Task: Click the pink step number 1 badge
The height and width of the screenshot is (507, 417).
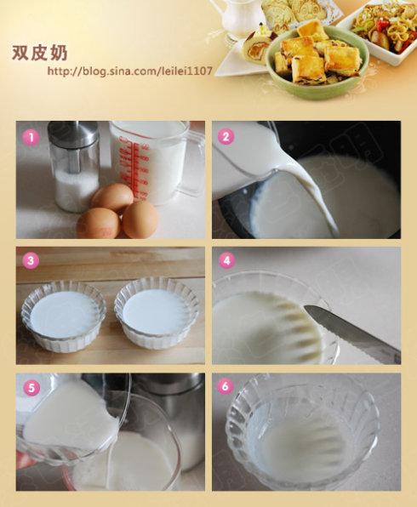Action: click(x=31, y=138)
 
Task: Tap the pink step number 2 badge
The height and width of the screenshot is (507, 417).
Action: click(x=226, y=136)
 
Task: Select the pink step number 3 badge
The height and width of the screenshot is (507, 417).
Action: click(x=31, y=260)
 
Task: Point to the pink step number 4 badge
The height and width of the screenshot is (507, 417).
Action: click(x=226, y=260)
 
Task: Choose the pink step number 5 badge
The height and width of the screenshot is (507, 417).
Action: click(x=31, y=388)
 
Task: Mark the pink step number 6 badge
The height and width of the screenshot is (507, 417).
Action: click(x=226, y=385)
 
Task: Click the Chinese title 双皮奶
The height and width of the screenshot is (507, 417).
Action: click(x=39, y=53)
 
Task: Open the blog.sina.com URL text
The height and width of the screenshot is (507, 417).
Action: click(x=129, y=71)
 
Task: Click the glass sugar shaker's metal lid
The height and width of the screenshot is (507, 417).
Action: click(x=72, y=132)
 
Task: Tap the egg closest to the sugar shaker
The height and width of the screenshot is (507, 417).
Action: click(x=111, y=197)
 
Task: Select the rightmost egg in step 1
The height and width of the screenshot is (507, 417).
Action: click(x=140, y=219)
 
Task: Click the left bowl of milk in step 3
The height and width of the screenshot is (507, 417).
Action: click(x=64, y=315)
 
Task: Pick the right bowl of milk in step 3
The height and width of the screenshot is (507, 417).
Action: click(x=157, y=313)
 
